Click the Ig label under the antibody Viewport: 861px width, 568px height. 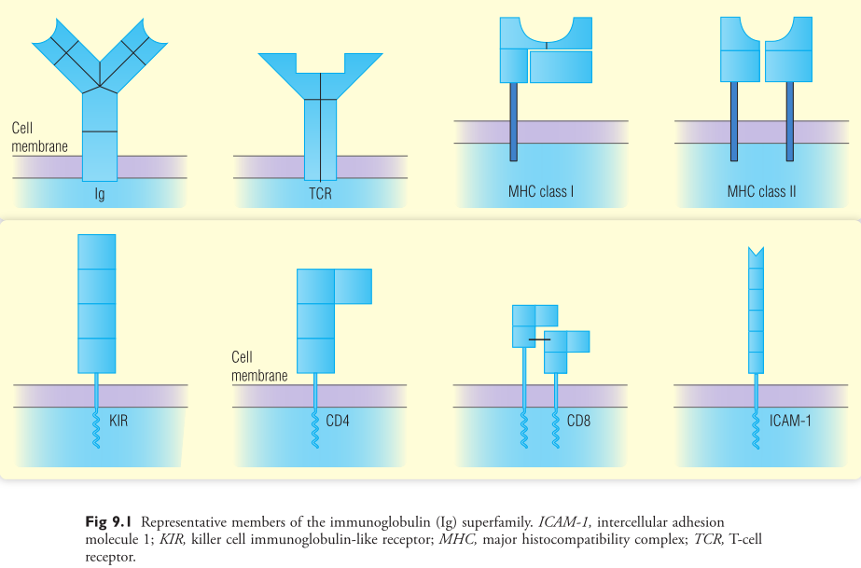(100, 194)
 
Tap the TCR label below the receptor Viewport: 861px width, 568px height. (320, 194)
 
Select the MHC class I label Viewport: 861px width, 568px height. (541, 191)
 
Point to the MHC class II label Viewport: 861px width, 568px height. (761, 191)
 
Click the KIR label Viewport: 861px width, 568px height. (118, 421)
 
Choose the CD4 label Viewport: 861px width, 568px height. (338, 421)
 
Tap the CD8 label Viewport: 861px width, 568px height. (578, 421)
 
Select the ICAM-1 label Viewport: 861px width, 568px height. (790, 421)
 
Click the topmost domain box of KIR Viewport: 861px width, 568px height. (97, 252)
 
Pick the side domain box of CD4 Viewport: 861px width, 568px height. (354, 286)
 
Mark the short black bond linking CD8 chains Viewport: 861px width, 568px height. (539, 339)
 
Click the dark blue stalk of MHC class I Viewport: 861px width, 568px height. (513, 122)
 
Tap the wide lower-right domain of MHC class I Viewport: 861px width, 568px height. (561, 66)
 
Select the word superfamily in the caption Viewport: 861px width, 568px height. (497, 522)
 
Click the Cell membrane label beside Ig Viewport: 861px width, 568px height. (39, 137)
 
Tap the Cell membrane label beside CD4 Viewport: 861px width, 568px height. (259, 366)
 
